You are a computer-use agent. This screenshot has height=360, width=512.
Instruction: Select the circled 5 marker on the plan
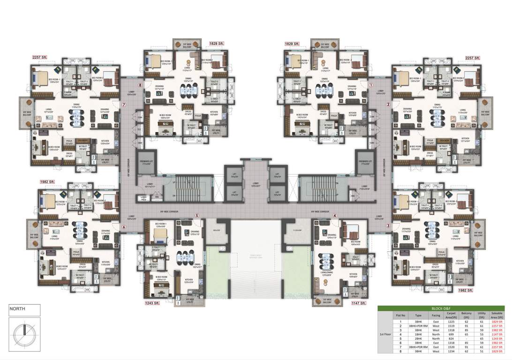click(x=197, y=216)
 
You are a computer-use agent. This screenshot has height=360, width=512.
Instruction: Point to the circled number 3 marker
click(x=388, y=226)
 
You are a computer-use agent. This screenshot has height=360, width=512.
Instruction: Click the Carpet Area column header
click(x=452, y=315)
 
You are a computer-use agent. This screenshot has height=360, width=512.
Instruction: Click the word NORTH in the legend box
click(x=19, y=309)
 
